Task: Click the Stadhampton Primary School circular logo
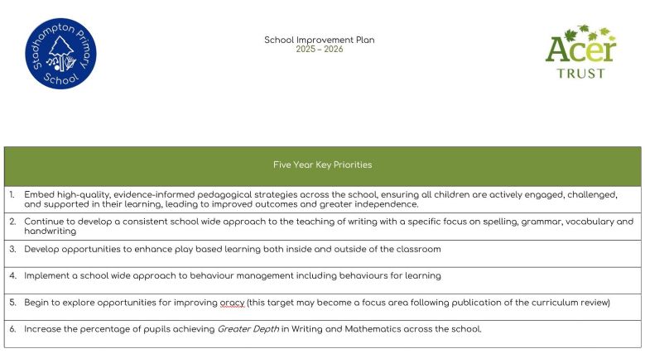pos(60,53)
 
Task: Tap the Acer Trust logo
pos(580,51)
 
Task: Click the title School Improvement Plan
pos(319,40)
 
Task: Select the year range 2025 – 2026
pos(319,50)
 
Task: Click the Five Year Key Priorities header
pos(322,165)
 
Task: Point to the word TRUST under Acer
pos(581,73)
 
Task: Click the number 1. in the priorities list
pos(12,194)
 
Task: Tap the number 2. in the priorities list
pos(12,222)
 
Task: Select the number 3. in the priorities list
pos(12,249)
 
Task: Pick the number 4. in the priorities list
pos(12,275)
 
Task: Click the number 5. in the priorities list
pos(12,303)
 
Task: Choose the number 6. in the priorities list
pos(12,329)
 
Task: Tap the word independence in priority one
pos(389,204)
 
